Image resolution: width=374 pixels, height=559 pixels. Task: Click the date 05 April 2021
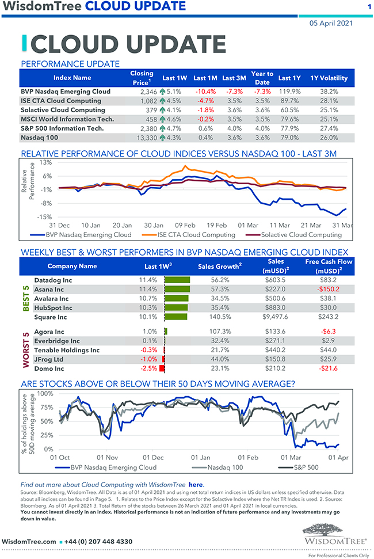[331, 24]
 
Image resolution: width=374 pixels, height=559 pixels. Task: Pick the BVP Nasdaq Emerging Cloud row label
[65, 92]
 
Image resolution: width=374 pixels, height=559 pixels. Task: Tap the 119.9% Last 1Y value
[289, 92]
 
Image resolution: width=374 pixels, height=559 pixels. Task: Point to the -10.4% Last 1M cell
[204, 92]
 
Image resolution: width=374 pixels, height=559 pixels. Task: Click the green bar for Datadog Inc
[177, 280]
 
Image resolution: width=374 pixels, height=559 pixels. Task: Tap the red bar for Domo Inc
[163, 368]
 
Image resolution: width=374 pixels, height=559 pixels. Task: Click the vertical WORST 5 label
[25, 349]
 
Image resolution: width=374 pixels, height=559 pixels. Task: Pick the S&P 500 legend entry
[306, 467]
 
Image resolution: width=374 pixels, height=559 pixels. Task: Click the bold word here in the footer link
[196, 485]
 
